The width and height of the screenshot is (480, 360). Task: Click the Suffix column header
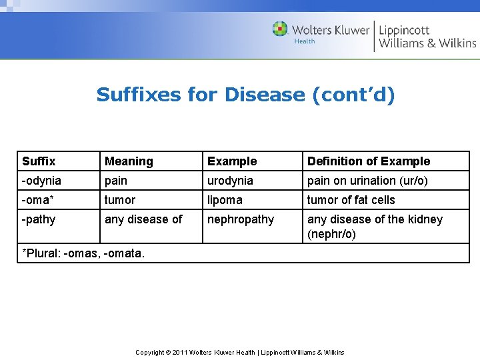coord(39,161)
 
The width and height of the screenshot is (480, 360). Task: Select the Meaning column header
coord(129,161)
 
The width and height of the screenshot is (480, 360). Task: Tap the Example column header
coord(232,161)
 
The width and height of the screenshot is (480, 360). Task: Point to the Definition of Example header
coord(368,161)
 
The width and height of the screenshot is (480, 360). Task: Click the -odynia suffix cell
coord(41,181)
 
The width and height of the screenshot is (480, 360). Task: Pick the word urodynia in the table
coord(230,181)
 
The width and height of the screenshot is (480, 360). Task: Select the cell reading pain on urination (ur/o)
coord(367,181)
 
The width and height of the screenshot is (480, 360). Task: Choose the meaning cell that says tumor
coord(120,200)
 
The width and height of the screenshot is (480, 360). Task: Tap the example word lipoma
coord(225,200)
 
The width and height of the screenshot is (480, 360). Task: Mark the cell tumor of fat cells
coord(351,200)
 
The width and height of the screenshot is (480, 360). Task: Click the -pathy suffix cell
coord(39,219)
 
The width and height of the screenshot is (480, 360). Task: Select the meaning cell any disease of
coord(143,219)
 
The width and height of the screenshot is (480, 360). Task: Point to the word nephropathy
coord(241,219)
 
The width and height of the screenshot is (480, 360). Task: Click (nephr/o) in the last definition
coord(331,235)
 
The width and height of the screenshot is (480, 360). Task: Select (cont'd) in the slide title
coord(353,95)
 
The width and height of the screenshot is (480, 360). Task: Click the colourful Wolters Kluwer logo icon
coord(280,29)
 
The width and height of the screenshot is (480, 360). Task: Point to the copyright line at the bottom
coord(240,352)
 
